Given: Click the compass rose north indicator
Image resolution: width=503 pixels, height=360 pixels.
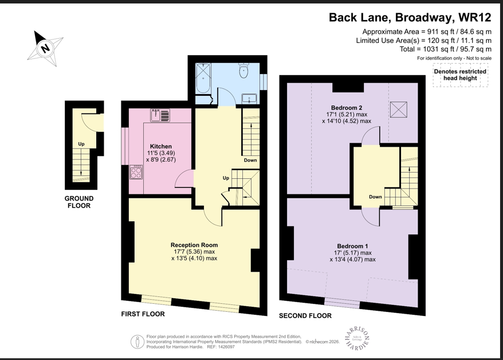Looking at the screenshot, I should [x=44, y=48].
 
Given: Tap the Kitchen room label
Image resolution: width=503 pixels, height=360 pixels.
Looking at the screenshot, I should [x=160, y=147].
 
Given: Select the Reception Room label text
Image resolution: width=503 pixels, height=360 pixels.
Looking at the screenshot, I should [x=194, y=245].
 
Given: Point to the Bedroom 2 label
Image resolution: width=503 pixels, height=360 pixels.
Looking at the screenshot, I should [x=346, y=108].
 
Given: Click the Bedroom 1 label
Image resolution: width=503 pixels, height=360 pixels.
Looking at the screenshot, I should [x=353, y=245].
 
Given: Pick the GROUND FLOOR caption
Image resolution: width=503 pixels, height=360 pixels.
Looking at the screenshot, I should [x=79, y=202].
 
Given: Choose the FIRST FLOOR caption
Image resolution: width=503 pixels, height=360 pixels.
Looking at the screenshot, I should [x=143, y=314].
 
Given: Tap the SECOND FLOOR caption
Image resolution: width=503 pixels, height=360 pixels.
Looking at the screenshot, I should [x=305, y=316].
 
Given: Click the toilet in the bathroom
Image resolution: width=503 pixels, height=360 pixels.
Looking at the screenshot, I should [x=243, y=72].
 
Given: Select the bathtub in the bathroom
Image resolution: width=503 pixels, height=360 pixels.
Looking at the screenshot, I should [x=203, y=79].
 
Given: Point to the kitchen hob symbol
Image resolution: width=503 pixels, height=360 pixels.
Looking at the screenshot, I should [x=136, y=172].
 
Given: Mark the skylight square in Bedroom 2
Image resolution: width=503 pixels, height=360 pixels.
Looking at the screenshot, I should [x=398, y=110].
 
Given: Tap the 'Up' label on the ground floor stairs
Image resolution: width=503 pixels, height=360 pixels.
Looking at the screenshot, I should [x=82, y=144].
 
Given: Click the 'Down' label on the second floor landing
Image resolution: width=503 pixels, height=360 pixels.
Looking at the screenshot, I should [x=375, y=197].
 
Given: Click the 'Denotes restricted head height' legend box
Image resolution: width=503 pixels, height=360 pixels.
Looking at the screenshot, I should [x=459, y=75].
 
